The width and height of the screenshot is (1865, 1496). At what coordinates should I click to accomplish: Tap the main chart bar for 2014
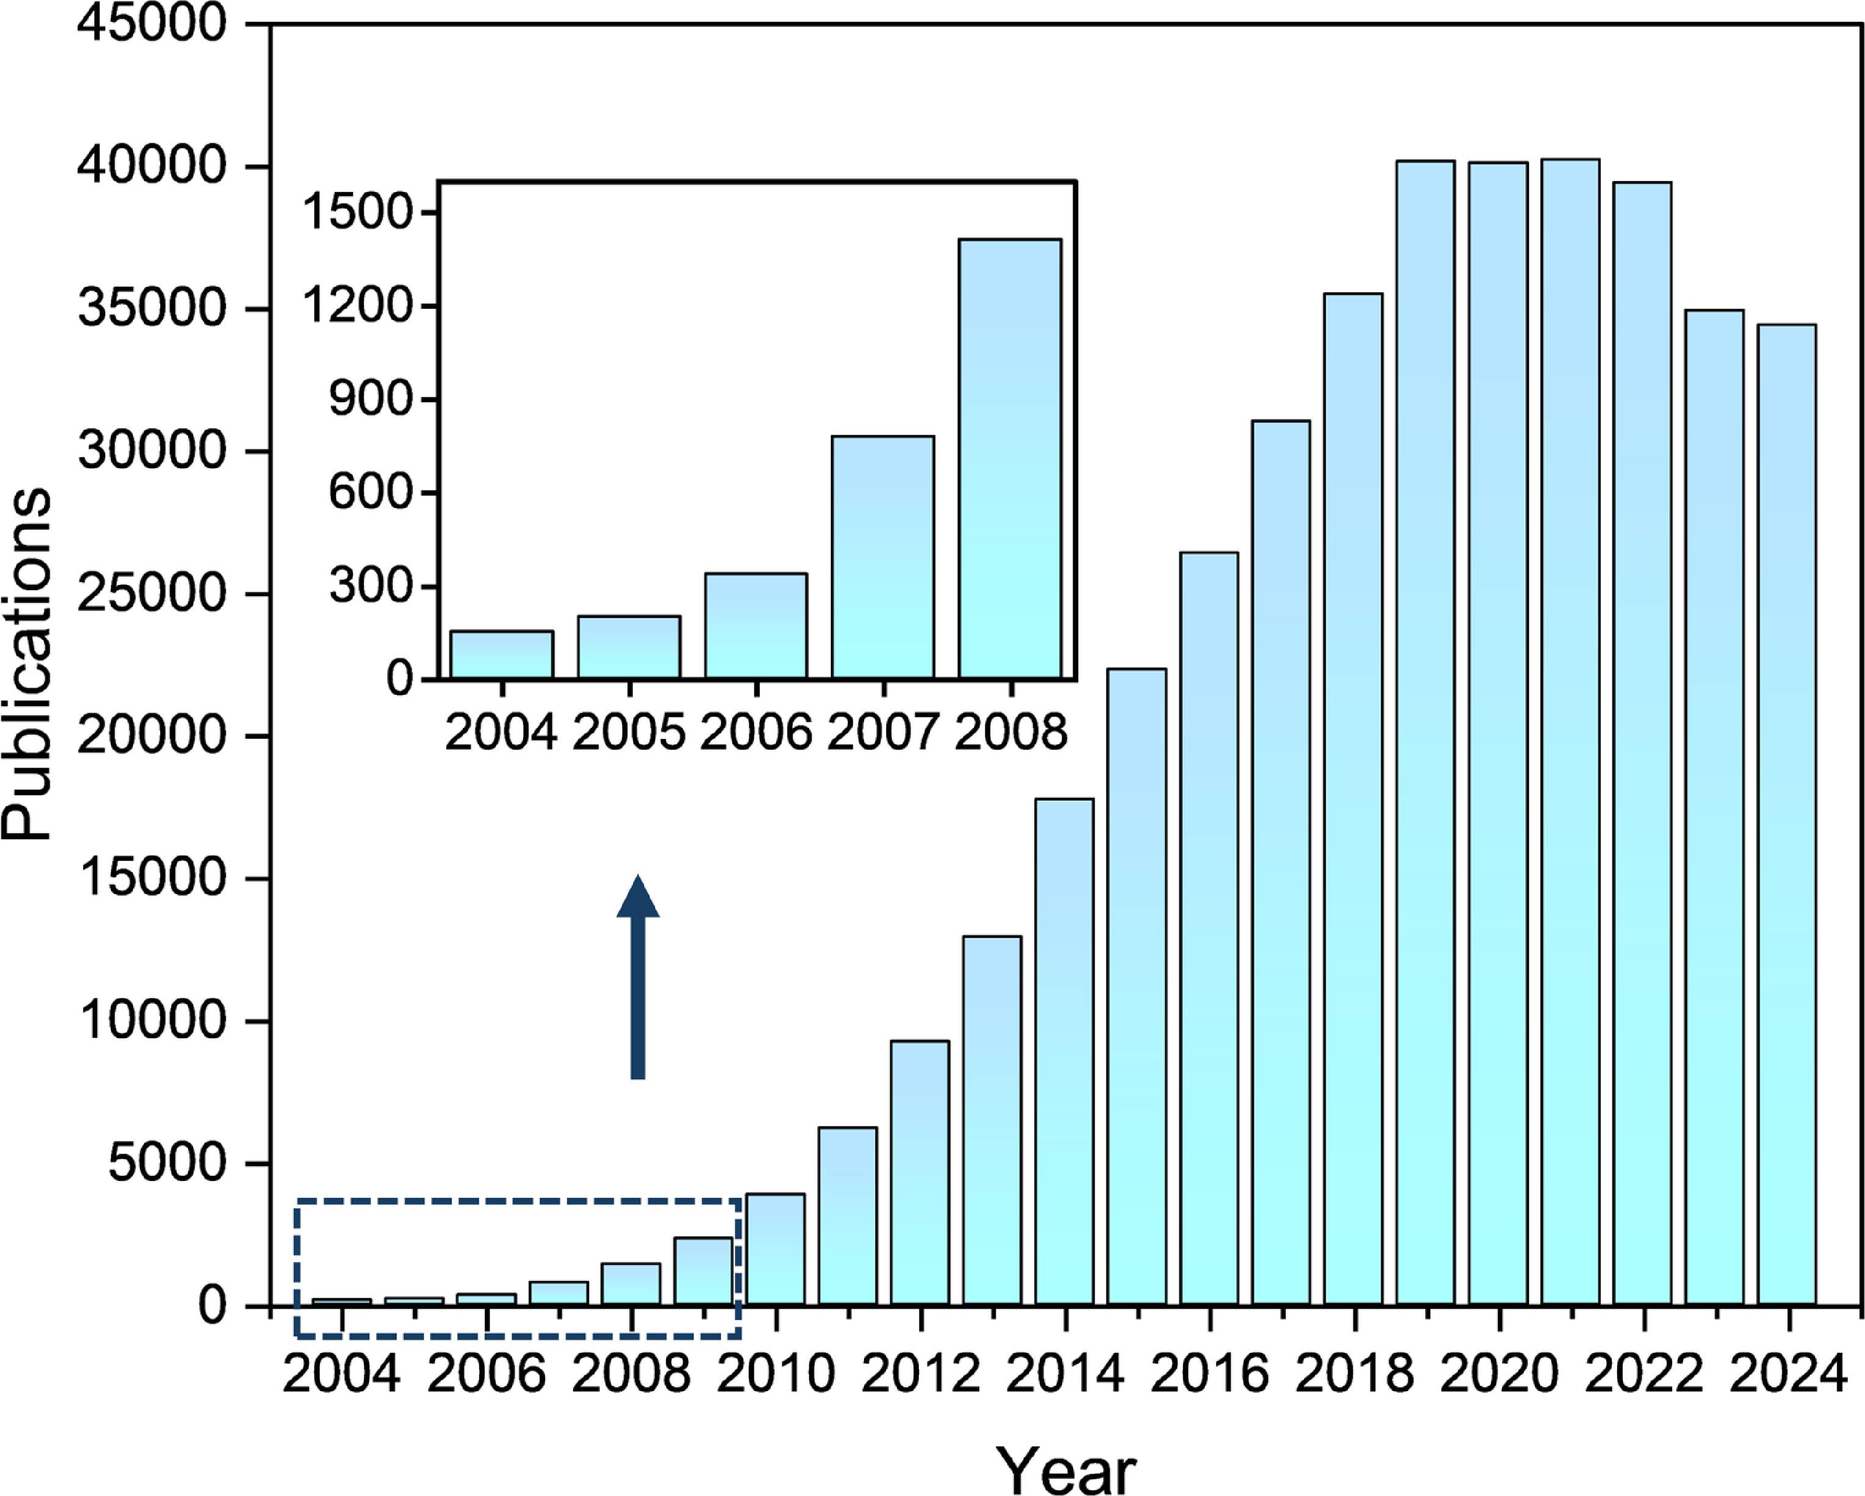point(1064,1051)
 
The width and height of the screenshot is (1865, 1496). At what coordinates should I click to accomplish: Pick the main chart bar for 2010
point(775,1249)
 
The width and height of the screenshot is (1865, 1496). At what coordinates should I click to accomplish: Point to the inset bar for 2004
point(502,654)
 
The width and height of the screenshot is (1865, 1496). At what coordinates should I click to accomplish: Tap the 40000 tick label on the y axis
point(152,167)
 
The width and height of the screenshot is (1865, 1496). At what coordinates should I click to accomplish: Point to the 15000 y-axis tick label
point(152,879)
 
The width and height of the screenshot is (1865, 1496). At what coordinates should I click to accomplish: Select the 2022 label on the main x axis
point(1643,1373)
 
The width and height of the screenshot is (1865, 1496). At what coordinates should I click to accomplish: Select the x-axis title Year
point(1066,1469)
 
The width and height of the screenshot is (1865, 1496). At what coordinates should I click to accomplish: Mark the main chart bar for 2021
point(1570,731)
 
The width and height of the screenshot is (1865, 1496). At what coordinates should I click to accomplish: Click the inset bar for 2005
point(629,646)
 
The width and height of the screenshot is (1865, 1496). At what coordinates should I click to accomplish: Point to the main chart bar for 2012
point(919,1172)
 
